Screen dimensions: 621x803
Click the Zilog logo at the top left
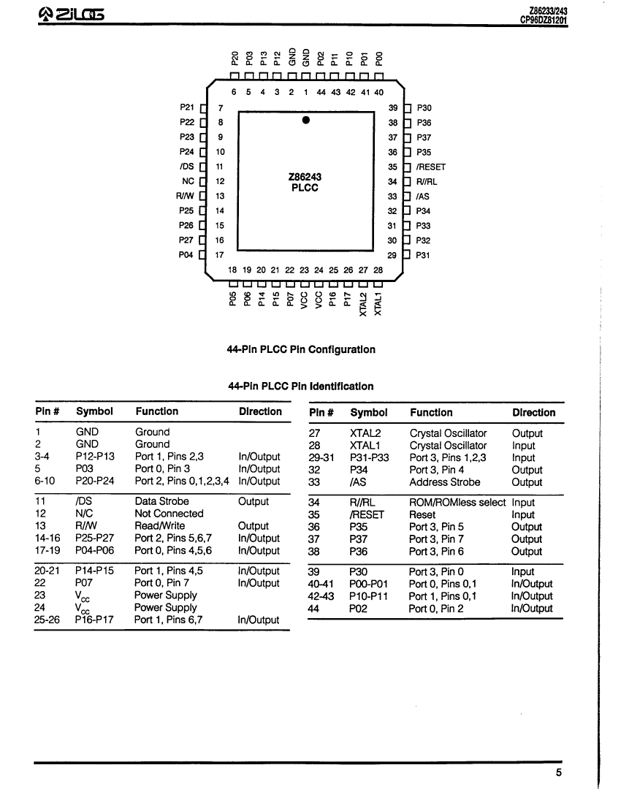point(71,15)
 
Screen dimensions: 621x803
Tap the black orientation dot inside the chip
point(305,120)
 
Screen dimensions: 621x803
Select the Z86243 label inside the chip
point(305,177)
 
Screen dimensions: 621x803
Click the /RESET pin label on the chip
point(430,167)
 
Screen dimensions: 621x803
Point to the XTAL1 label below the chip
point(378,304)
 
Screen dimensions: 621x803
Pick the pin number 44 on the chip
point(321,92)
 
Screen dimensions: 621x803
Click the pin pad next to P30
point(408,108)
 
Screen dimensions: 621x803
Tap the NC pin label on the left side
point(188,181)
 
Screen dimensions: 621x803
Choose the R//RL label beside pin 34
point(427,182)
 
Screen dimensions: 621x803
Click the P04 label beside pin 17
point(186,254)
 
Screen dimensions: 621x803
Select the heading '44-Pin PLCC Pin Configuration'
point(301,349)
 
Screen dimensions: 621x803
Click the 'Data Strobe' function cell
point(161,501)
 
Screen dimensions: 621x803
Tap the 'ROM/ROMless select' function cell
point(457,503)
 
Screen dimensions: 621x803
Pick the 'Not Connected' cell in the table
point(169,513)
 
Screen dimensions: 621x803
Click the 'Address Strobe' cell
point(444,482)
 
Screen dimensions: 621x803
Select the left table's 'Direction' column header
point(260,411)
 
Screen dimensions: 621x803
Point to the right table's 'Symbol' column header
point(369,412)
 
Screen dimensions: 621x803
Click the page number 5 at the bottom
point(559,772)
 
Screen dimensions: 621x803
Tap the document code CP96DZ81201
point(544,20)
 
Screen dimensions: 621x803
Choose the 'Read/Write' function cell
point(160,525)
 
